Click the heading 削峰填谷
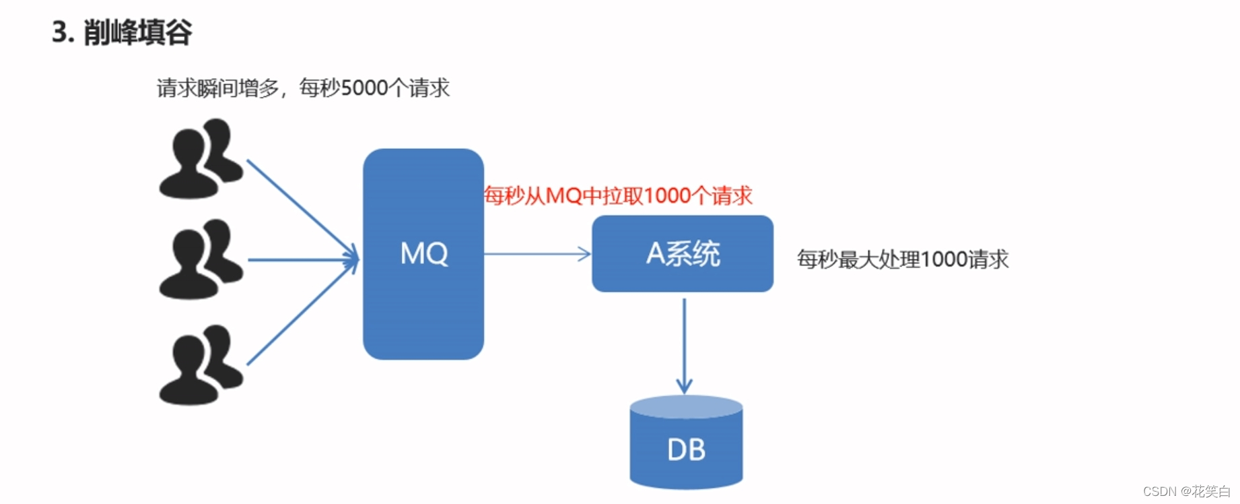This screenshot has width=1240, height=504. [x=138, y=32]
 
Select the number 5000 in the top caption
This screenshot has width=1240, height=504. [x=364, y=88]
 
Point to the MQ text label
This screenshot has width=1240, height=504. [x=424, y=254]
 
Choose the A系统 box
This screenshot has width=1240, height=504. [x=682, y=254]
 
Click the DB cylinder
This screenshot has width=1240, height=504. [x=685, y=458]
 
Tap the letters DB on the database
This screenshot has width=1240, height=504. [x=686, y=450]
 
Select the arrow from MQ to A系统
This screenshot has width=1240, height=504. [x=536, y=254]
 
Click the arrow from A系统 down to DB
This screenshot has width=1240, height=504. [x=684, y=344]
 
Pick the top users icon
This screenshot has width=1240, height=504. [x=200, y=159]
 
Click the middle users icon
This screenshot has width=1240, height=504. [x=200, y=259]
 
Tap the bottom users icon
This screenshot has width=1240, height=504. [x=200, y=365]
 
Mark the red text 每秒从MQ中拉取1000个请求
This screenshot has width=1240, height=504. [x=618, y=196]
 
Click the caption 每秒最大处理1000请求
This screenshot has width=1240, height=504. [x=902, y=259]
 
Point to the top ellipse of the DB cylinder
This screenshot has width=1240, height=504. [x=685, y=406]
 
